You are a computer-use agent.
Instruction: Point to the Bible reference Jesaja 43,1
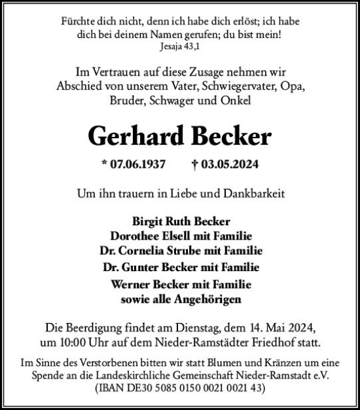[x=179, y=47]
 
